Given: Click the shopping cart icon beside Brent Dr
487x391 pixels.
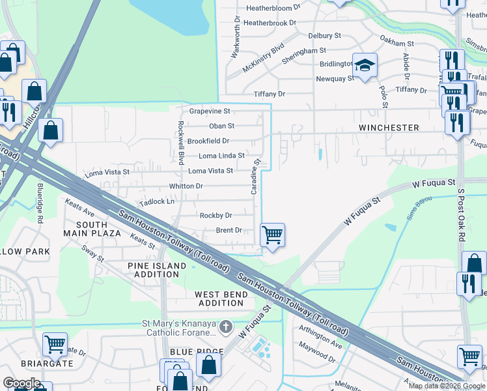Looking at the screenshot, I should point(272,235).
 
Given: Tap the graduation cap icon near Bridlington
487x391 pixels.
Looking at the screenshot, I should point(365,65).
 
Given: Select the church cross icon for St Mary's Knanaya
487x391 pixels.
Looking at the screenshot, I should point(225,326).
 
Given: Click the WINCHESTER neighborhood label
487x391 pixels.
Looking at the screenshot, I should point(388,128).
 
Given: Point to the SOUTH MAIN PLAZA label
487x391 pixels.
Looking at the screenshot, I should point(92,229).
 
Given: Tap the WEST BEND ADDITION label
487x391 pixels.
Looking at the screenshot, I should point(221,299).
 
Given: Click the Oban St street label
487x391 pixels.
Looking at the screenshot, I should point(221,126).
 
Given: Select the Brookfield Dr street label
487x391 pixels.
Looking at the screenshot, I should point(208,141).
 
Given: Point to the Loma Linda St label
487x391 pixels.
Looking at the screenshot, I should point(221,156).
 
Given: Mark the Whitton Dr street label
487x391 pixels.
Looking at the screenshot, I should point(186,186).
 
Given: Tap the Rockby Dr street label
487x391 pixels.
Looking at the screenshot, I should point(216,216).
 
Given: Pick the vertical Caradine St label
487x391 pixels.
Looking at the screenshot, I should point(257,175).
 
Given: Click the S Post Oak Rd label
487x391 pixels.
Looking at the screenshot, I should point(461,216).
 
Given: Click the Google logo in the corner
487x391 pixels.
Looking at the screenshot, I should point(21,383).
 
